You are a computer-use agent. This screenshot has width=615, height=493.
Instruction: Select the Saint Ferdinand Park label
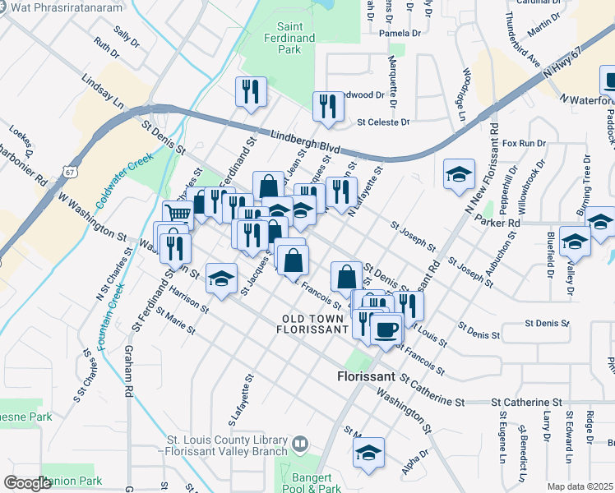(284, 38)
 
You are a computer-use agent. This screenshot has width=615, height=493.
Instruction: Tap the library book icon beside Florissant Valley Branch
(300, 445)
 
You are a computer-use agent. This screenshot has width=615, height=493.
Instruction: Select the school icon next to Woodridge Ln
(459, 174)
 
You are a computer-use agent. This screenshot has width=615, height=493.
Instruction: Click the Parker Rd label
(502, 222)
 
